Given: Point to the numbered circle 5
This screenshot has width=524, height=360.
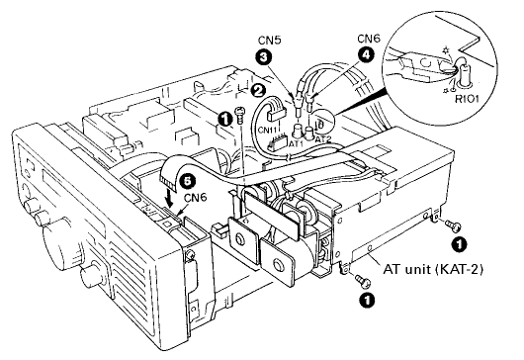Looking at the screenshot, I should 183,181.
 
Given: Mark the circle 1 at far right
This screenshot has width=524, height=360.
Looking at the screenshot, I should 457,239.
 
